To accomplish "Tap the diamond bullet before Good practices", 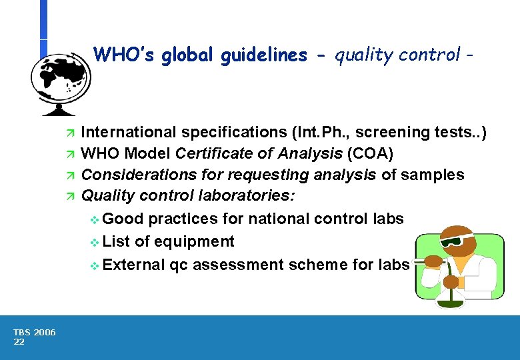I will tap(94, 220).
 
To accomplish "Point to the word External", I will tap(134, 264).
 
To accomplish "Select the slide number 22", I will tap(19, 342).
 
